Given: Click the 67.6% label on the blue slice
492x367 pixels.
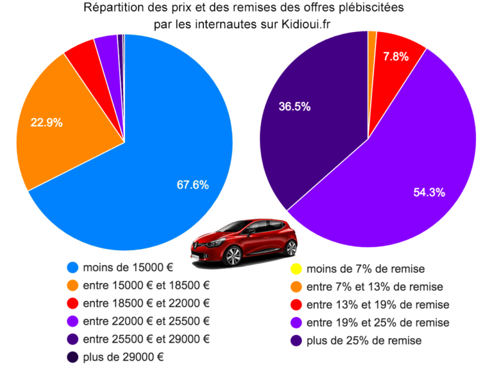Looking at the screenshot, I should coord(193,184).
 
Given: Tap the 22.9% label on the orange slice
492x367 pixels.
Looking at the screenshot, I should coord(47,123).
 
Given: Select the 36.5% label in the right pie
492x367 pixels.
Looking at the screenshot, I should coord(295,107).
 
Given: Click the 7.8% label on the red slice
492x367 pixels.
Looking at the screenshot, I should coord(395,56).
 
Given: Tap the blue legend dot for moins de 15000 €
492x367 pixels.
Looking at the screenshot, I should coord(72,267).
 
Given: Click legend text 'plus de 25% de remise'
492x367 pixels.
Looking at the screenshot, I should coord(365,340).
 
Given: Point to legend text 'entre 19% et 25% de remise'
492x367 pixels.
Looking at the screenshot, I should coord(379,322).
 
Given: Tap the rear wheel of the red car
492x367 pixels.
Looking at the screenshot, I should coord(290,248).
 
